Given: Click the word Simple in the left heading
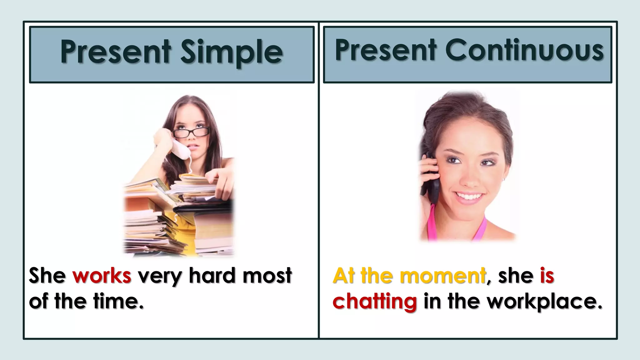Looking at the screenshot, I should (232, 52).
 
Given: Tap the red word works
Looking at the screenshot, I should (102, 276).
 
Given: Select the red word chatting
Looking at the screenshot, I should (374, 302).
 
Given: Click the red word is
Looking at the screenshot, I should (547, 276).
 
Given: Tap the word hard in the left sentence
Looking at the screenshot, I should (212, 276).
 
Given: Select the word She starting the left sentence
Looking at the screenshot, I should (47, 276).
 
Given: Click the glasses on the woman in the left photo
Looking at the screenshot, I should (191, 132).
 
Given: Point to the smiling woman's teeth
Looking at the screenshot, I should (469, 197).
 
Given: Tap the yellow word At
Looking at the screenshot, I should (344, 276).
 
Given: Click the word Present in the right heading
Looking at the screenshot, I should (386, 51).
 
